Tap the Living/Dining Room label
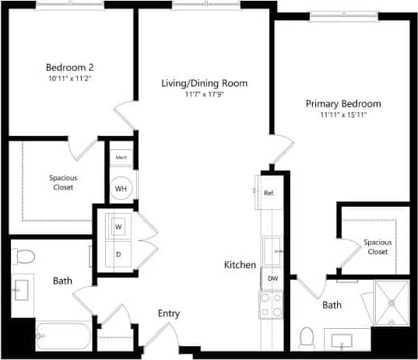pos(204,83)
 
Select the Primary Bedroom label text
pos(342,103)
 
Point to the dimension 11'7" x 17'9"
pos(204,95)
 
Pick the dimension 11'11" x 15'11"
pos(342,115)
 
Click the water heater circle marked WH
pos(122,187)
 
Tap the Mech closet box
pos(121,158)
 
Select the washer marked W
pos(119,226)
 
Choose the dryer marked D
pos(119,253)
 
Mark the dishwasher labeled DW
pos(272,278)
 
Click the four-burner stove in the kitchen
pos(272,304)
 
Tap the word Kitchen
pos(240,265)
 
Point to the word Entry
pos(169,313)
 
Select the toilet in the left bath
pos(25,256)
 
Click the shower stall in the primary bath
pos(392,302)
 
